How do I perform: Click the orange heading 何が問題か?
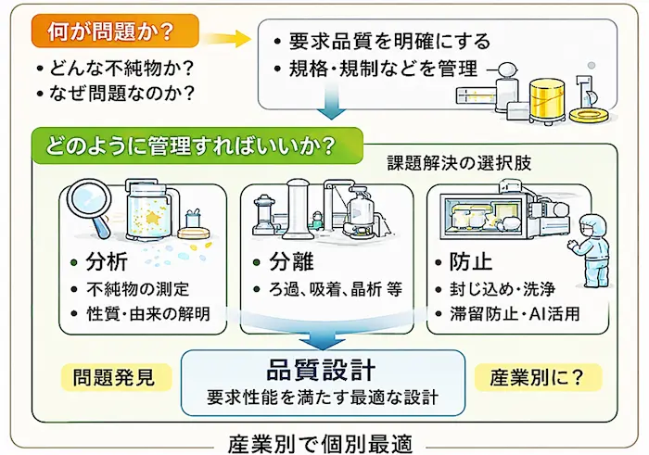click(110, 32)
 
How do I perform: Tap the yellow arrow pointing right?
click(228, 39)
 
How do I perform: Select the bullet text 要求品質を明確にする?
click(389, 42)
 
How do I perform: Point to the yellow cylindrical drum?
click(547, 99)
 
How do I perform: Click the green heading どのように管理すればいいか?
click(189, 146)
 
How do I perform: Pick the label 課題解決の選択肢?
click(460, 163)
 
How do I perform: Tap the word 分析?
click(107, 262)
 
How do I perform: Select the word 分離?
click(291, 261)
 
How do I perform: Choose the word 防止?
click(471, 262)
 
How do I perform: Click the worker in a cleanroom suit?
click(590, 249)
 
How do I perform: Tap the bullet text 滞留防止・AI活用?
click(515, 313)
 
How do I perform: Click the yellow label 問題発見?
click(114, 377)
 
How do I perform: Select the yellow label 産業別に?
click(537, 377)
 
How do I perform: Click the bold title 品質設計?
click(321, 370)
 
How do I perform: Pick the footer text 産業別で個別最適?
click(321, 444)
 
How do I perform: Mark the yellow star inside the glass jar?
click(154, 217)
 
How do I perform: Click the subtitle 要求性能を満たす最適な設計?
click(323, 398)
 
